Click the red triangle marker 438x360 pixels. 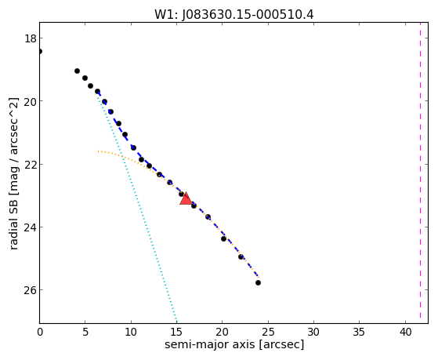pos(186,198)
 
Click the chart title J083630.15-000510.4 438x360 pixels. pos(248,15)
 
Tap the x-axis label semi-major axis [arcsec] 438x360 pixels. pos(234,344)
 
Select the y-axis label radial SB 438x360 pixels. pos(13,222)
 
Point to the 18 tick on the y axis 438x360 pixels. pos(31,38)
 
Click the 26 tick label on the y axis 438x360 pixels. pos(31,289)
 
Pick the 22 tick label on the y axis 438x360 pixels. pos(31,164)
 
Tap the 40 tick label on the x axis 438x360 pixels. pos(405,332)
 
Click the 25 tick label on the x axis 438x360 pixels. pos(268,332)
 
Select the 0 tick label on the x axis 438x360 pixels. pos(40,332)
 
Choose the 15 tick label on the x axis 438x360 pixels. pos(177,332)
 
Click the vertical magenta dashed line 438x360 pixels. pos(420,173)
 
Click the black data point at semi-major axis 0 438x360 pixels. pos(40,51)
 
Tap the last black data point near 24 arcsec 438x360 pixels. pos(258,283)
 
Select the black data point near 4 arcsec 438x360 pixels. pos(77,71)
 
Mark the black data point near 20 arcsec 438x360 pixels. pos(223,238)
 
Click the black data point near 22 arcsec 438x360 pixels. pos(241,256)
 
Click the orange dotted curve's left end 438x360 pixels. pos(98,151)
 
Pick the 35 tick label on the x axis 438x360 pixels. pos(359,332)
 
